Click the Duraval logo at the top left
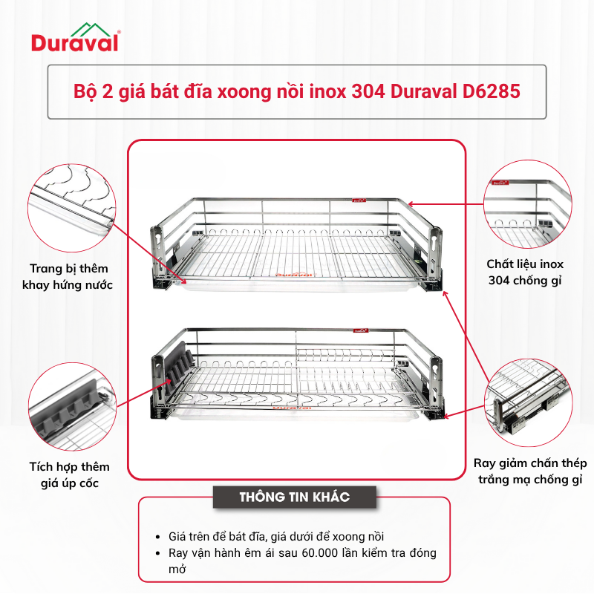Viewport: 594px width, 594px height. coord(76,37)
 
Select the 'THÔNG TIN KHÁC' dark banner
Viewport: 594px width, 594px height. coord(295,497)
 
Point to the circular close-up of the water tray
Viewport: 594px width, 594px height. coord(71,208)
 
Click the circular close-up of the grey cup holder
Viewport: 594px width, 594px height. coord(72,406)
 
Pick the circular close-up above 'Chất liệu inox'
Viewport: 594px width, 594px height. coord(528,204)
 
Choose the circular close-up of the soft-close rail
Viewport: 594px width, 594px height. coord(529,403)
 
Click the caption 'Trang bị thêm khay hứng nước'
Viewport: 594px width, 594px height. coord(68,277)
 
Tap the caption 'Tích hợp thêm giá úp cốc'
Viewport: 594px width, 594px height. coord(69,475)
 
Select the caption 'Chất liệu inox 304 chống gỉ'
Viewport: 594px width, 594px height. coord(525,272)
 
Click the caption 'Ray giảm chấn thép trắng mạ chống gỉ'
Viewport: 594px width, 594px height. coord(530,471)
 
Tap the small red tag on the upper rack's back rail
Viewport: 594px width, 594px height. coord(358,200)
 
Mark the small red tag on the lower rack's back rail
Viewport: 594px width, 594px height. coord(361,330)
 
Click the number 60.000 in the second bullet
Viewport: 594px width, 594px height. coord(320,553)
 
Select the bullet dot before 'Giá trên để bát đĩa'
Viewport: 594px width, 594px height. coord(158,537)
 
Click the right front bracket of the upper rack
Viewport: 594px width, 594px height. coord(435,258)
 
